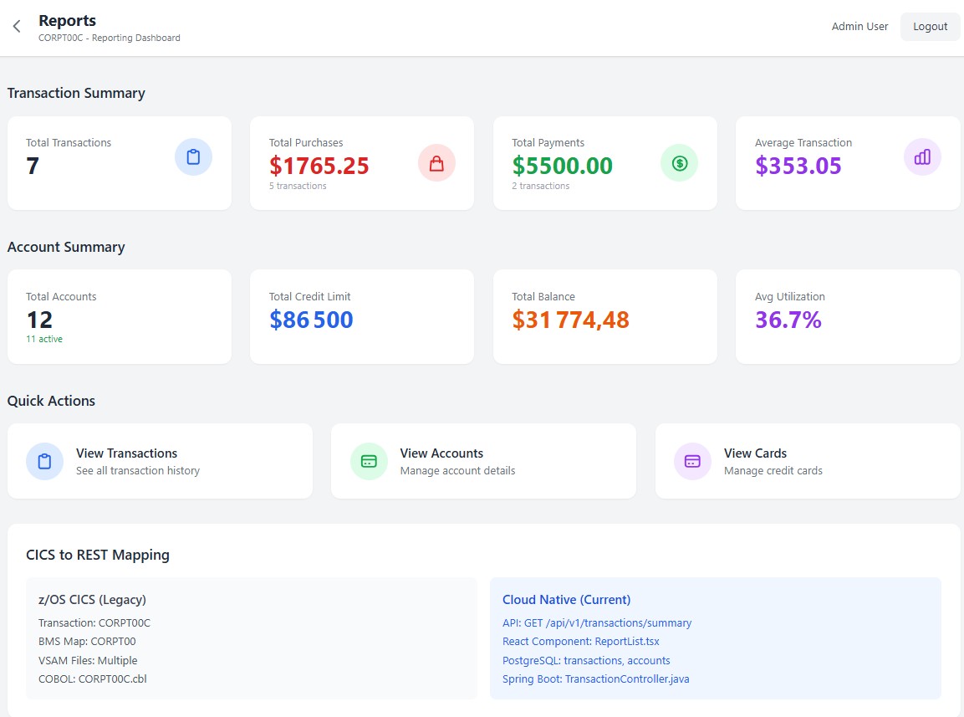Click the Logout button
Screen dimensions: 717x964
930,27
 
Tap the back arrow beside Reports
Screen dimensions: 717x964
17,27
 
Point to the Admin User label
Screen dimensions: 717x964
859,27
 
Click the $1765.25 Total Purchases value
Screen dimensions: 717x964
319,166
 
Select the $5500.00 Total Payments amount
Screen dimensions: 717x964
562,166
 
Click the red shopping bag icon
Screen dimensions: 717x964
436,163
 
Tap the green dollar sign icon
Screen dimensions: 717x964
679,163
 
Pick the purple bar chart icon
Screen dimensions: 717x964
922,157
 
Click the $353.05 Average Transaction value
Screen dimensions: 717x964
798,166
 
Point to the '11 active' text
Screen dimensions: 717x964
44,339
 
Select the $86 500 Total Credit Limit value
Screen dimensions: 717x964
311,320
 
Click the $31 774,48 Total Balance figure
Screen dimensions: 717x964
570,320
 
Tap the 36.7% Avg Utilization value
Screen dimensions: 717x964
788,320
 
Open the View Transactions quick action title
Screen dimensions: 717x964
126,453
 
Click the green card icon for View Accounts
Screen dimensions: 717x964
369,461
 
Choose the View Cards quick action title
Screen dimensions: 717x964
755,453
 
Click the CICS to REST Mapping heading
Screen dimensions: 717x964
98,555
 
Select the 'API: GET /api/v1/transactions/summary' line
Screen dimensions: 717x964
597,623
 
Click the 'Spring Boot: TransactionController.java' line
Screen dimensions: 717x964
595,679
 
